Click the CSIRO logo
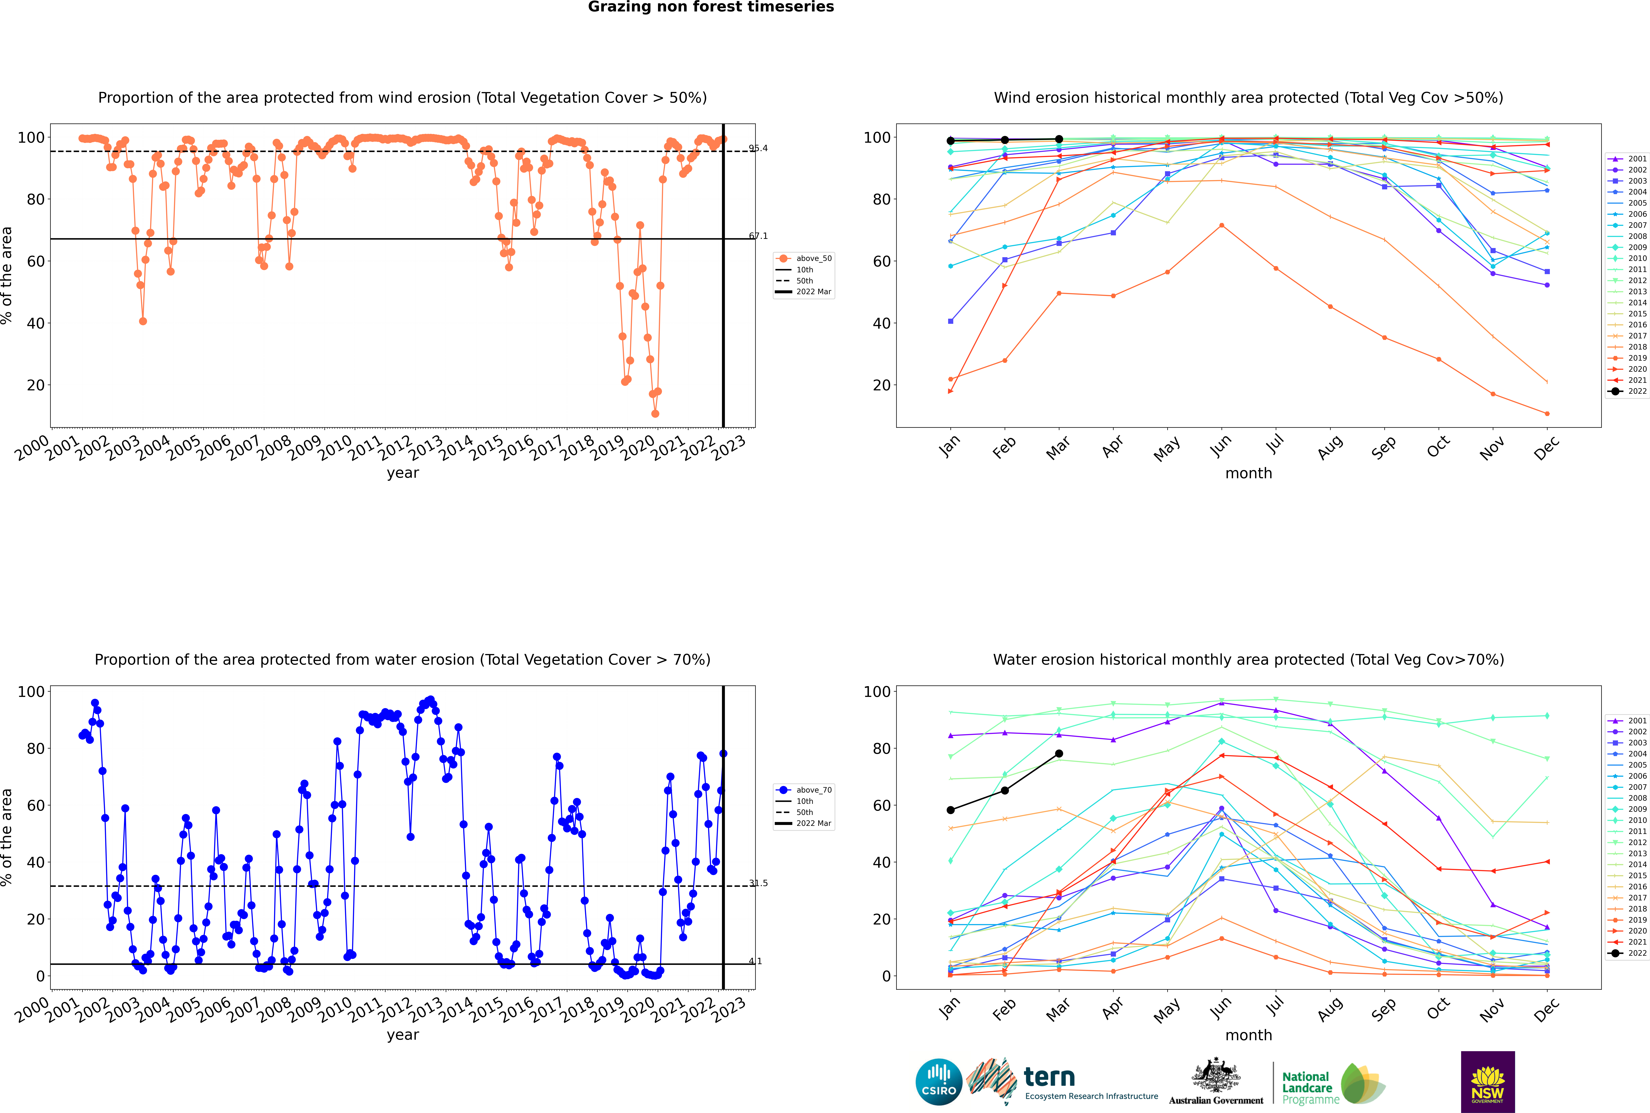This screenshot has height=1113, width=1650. pos(938,1082)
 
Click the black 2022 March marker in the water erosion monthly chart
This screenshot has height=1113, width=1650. pos(1059,754)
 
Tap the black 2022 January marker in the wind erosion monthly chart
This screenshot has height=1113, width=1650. pos(951,141)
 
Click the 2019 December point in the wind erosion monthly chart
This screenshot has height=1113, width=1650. pos(1547,414)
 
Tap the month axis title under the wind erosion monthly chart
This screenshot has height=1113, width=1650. pos(1248,474)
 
